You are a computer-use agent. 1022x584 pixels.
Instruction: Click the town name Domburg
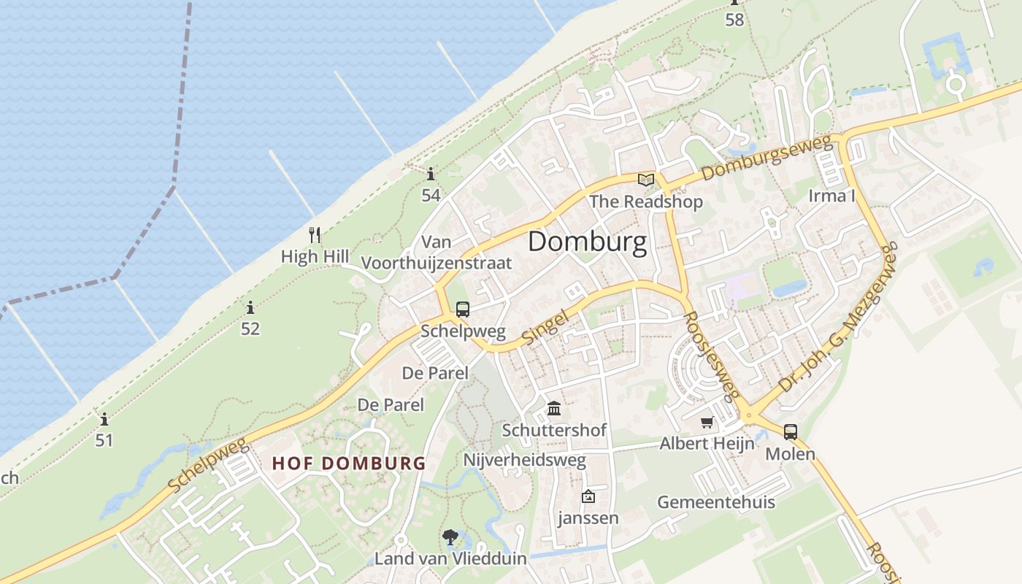(587, 242)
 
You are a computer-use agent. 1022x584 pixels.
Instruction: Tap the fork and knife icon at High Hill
(315, 235)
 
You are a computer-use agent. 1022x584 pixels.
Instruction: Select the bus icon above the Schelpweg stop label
(462, 310)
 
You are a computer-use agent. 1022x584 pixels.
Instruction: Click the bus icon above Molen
(790, 431)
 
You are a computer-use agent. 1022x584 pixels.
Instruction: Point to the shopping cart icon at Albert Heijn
(707, 422)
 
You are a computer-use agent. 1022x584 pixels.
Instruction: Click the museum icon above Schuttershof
(554, 407)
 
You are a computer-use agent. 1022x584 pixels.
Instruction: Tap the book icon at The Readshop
(645, 180)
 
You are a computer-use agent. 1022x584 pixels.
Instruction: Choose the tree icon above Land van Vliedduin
(450, 538)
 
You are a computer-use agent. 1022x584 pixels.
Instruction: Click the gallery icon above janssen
(588, 497)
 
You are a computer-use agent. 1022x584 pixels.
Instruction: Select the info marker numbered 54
(431, 174)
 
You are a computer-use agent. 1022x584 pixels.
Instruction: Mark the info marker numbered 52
(250, 307)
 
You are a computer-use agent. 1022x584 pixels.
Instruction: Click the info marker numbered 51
(104, 419)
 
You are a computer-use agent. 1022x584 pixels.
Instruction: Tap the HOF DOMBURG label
(349, 463)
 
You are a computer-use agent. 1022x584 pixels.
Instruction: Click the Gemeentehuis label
(715, 502)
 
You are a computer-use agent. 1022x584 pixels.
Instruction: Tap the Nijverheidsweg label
(525, 460)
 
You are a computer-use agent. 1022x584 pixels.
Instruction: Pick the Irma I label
(831, 196)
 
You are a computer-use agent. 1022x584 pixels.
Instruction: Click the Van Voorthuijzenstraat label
(437, 253)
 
